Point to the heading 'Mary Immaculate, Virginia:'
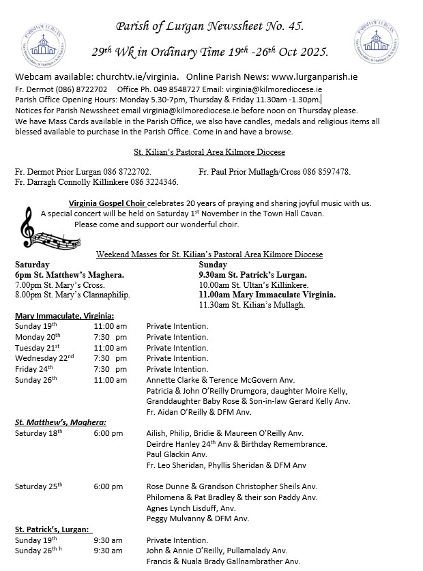point(64,316)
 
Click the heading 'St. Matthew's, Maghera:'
point(60,423)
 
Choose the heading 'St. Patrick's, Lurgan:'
point(53,529)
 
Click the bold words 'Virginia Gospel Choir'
point(107,203)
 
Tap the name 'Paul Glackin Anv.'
point(177,454)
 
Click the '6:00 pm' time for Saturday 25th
point(108,486)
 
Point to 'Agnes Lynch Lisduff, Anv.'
point(191,508)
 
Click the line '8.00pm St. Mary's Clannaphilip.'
point(72,295)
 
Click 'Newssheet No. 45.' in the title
point(257,27)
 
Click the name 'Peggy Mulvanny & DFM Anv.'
point(193,518)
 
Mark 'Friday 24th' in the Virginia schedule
point(36,369)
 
